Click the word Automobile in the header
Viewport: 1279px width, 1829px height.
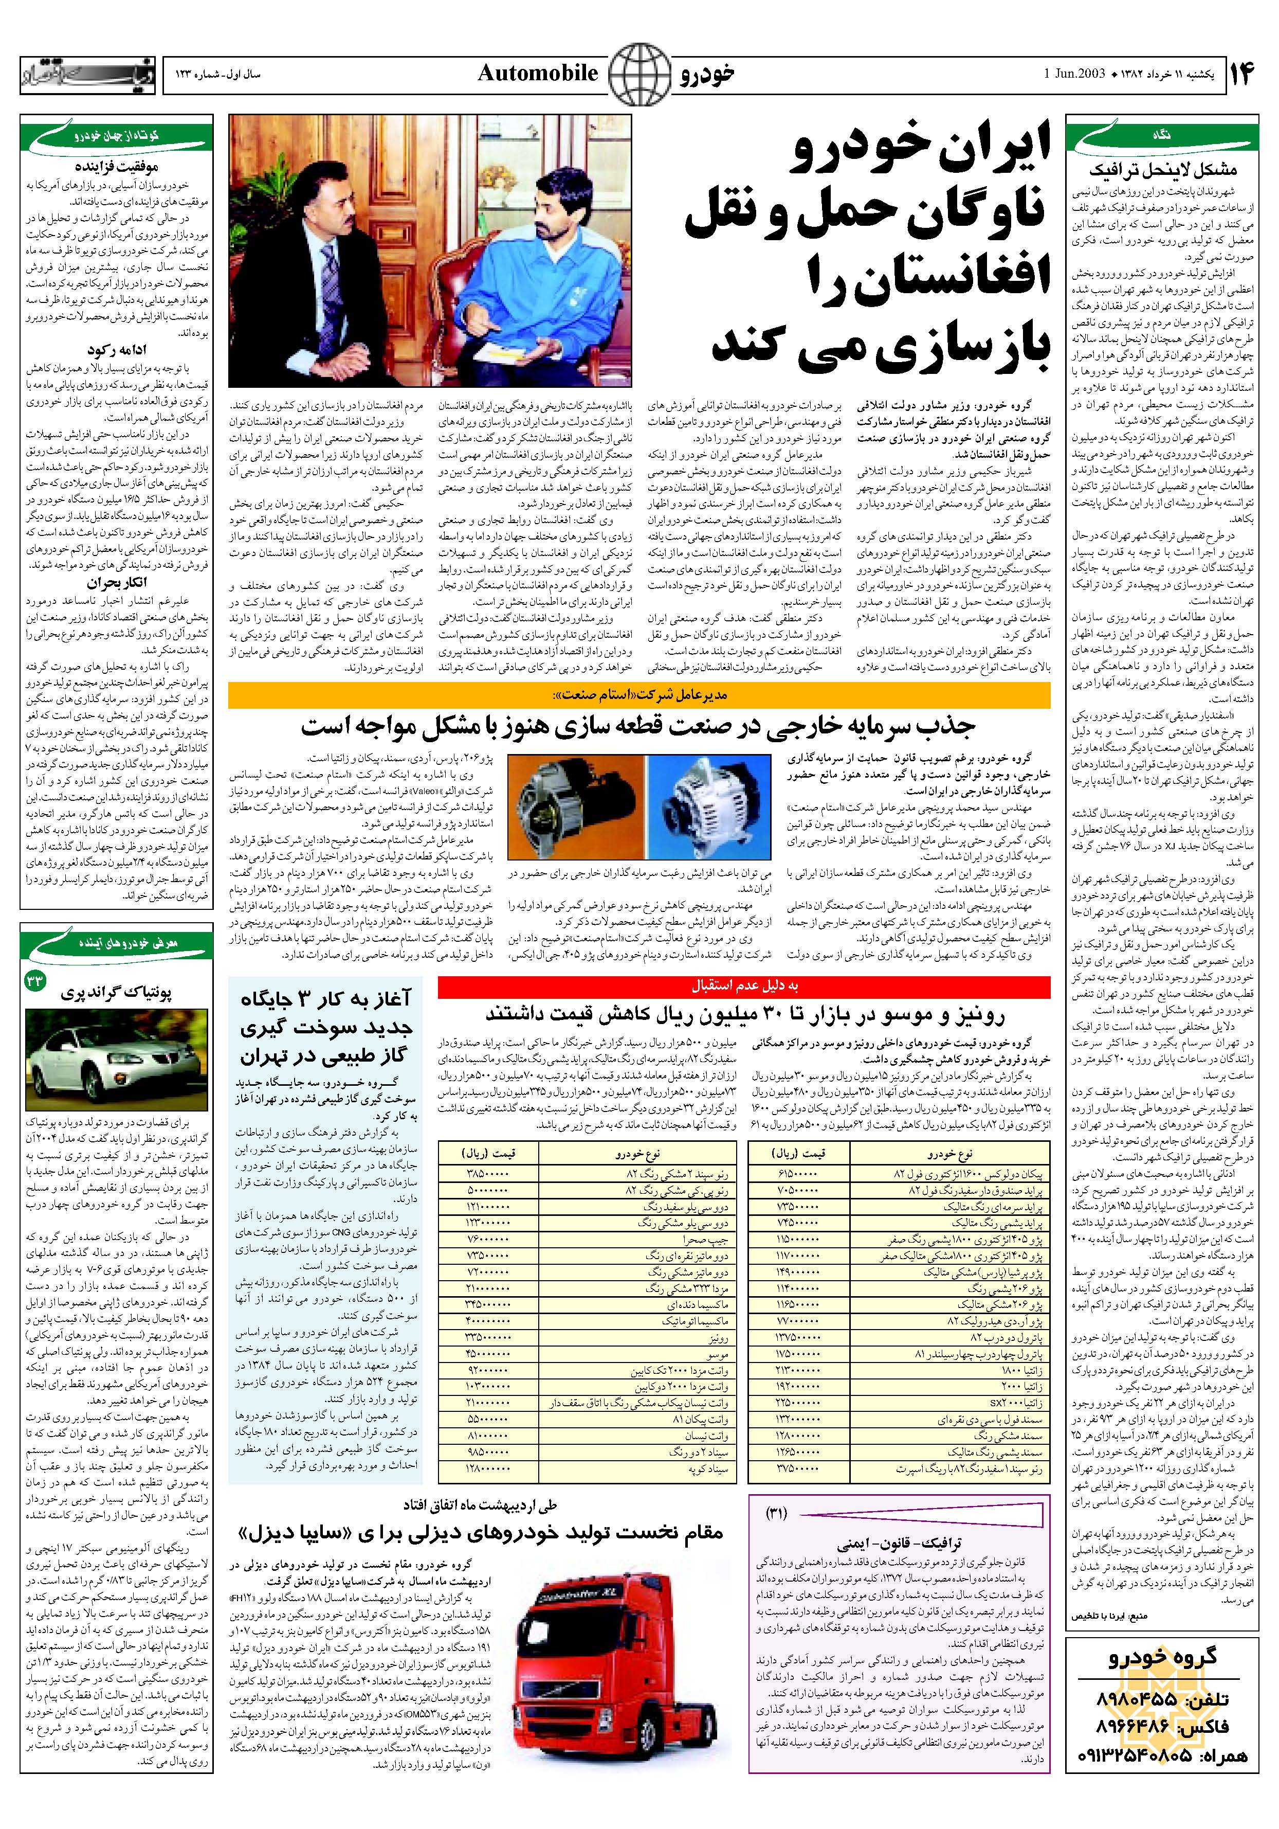(x=538, y=74)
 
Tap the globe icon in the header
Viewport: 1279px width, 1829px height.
(x=637, y=74)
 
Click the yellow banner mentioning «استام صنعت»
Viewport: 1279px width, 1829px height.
(x=638, y=695)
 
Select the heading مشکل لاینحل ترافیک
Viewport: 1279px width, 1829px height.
(x=1163, y=170)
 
